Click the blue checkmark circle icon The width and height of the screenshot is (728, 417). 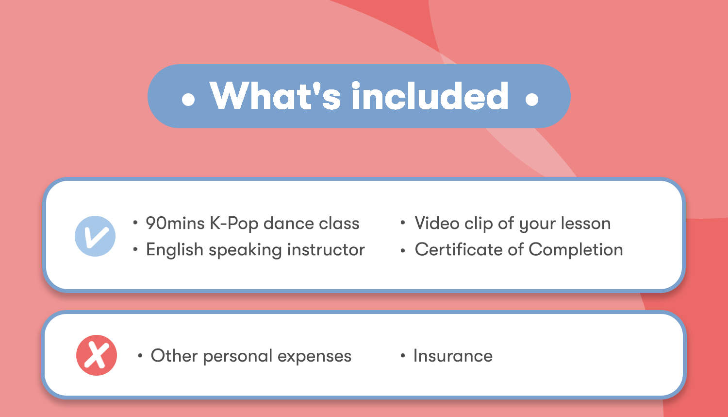pyautogui.click(x=95, y=236)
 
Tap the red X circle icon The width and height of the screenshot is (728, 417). pyautogui.click(x=97, y=355)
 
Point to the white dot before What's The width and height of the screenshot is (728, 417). pyautogui.click(x=188, y=99)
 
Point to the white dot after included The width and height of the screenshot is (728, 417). pyautogui.click(x=532, y=99)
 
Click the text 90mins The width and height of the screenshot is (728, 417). pyautogui.click(x=175, y=223)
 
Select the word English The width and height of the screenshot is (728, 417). pyautogui.click(x=175, y=250)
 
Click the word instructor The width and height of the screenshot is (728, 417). pyautogui.click(x=326, y=250)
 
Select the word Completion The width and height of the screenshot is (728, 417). pyautogui.click(x=576, y=250)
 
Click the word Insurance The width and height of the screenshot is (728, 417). pyautogui.click(x=453, y=355)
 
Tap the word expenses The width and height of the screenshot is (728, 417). pyautogui.click(x=314, y=356)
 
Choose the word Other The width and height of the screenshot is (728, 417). pyautogui.click(x=174, y=355)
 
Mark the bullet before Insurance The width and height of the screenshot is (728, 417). pyautogui.click(x=403, y=355)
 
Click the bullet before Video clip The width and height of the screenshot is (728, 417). pyautogui.click(x=403, y=223)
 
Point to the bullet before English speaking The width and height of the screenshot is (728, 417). pyautogui.click(x=135, y=249)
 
